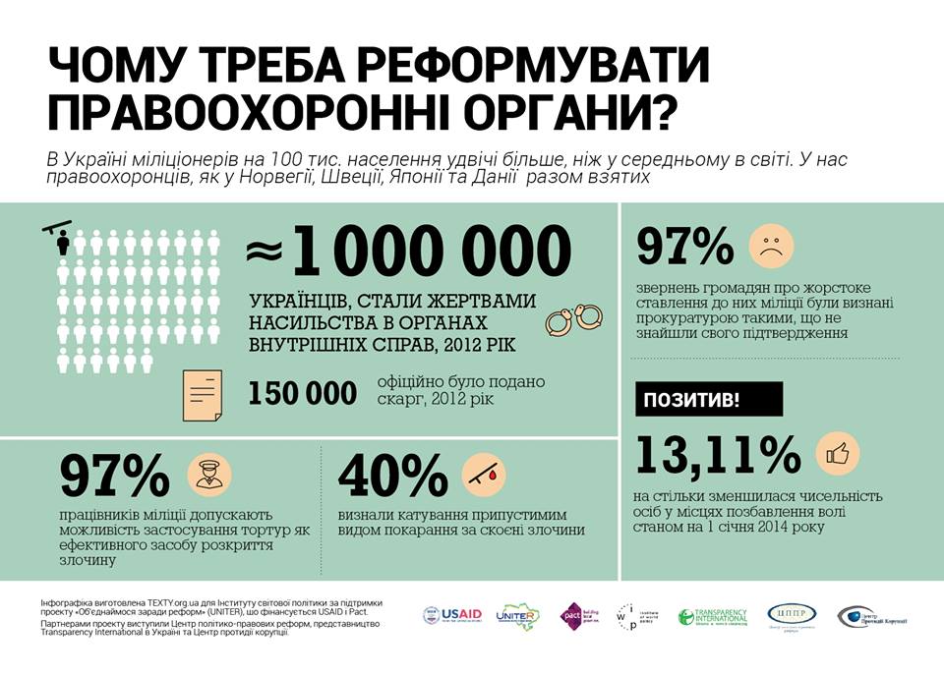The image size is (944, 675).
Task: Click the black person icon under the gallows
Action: [64, 244]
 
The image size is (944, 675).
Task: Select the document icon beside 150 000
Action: [204, 393]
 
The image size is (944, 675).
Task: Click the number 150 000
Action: [302, 394]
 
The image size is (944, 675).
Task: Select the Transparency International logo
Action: [713, 616]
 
